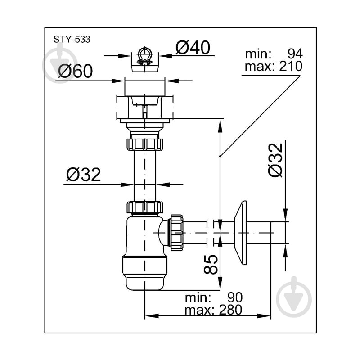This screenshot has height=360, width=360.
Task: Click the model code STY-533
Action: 72,40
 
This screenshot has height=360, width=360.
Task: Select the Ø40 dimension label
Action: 193,48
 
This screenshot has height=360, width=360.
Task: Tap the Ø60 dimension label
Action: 75,71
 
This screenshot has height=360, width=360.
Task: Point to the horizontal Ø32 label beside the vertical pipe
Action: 83,175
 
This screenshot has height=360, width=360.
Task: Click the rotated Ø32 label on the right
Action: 275,160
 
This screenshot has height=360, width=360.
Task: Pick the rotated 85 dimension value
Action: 211,264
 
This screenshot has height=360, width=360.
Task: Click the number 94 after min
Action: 295,54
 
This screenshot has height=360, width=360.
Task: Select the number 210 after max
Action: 291,66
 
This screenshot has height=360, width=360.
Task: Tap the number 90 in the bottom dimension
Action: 235,297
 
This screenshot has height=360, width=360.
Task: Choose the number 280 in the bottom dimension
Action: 230,310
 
